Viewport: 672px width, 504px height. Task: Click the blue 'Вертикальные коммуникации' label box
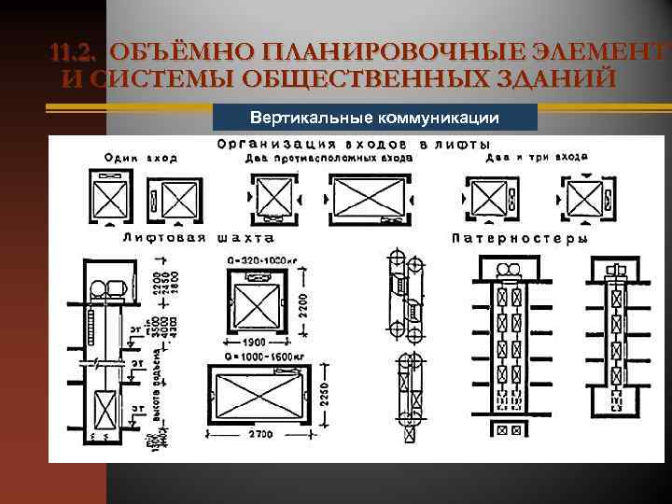[376, 118]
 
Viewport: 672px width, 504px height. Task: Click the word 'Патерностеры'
[520, 238]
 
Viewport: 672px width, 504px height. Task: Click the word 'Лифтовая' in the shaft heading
[156, 238]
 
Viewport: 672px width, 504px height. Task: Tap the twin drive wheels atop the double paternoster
[510, 271]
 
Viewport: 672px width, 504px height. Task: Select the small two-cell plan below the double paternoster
[509, 430]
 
